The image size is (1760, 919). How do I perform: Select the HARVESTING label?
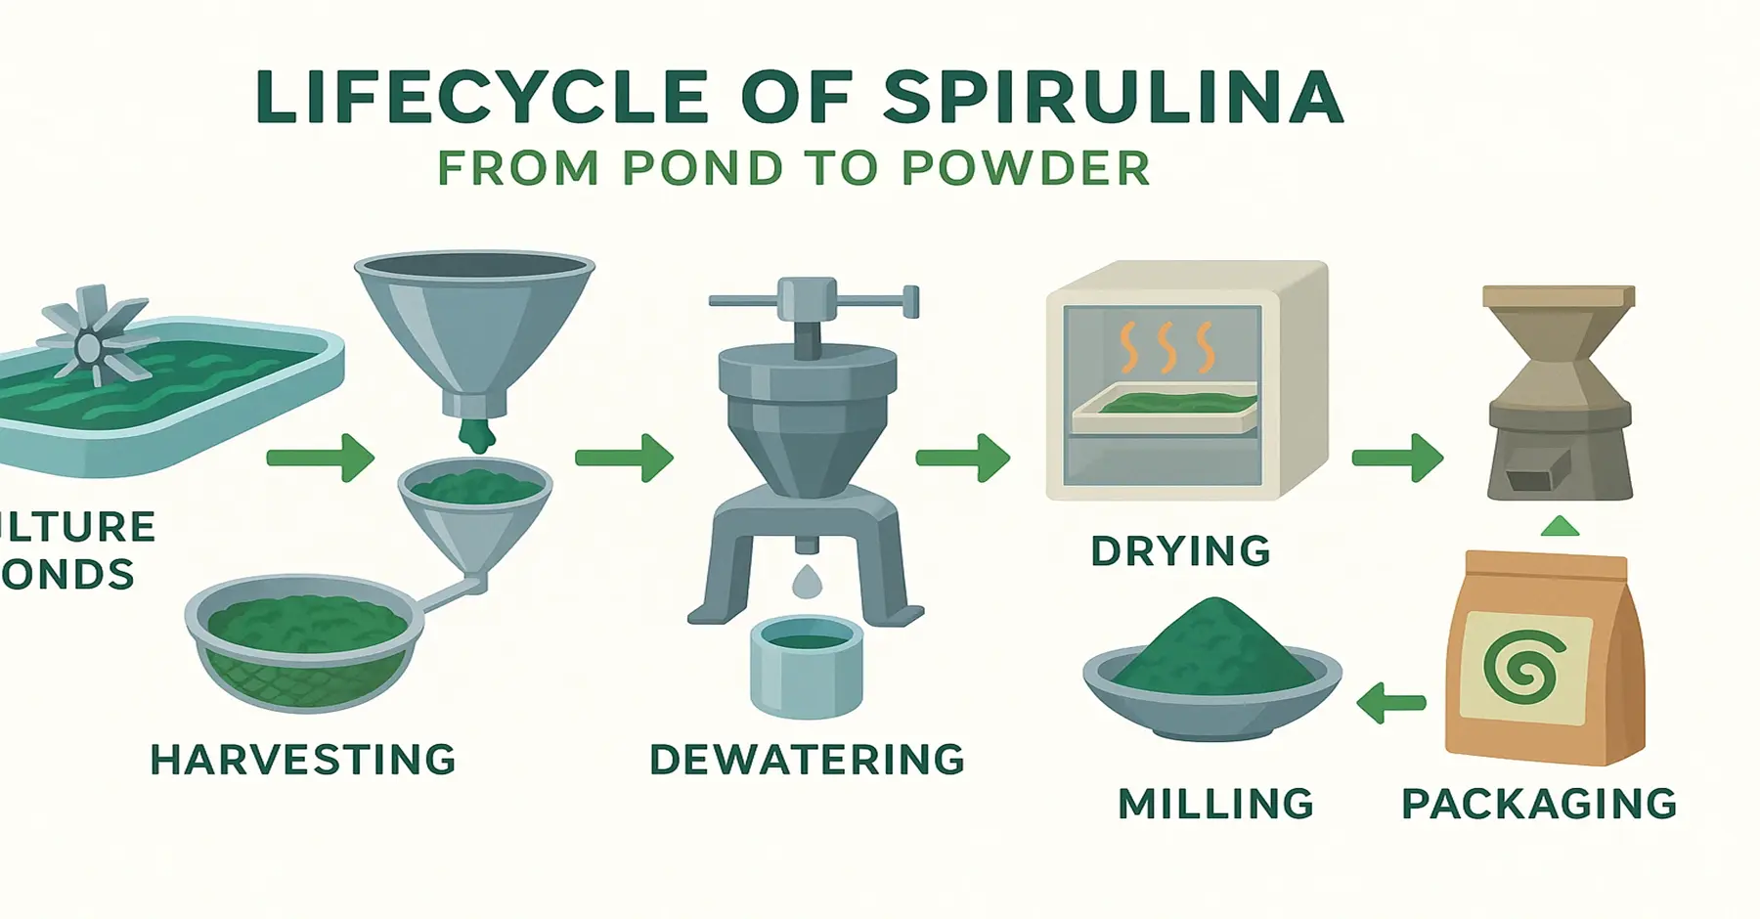pos(303,760)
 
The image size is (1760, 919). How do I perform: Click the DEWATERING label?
pos(807,760)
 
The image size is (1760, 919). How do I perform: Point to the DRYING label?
pos(1180,551)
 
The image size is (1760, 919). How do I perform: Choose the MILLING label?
pos(1215,804)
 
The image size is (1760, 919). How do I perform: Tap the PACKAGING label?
pos(1539,804)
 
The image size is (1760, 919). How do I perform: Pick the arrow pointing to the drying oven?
pos(962,458)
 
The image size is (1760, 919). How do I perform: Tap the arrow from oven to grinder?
pos(1397,458)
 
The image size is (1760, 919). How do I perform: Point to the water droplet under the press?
pos(807,583)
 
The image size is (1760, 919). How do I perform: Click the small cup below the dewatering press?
pos(808,665)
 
